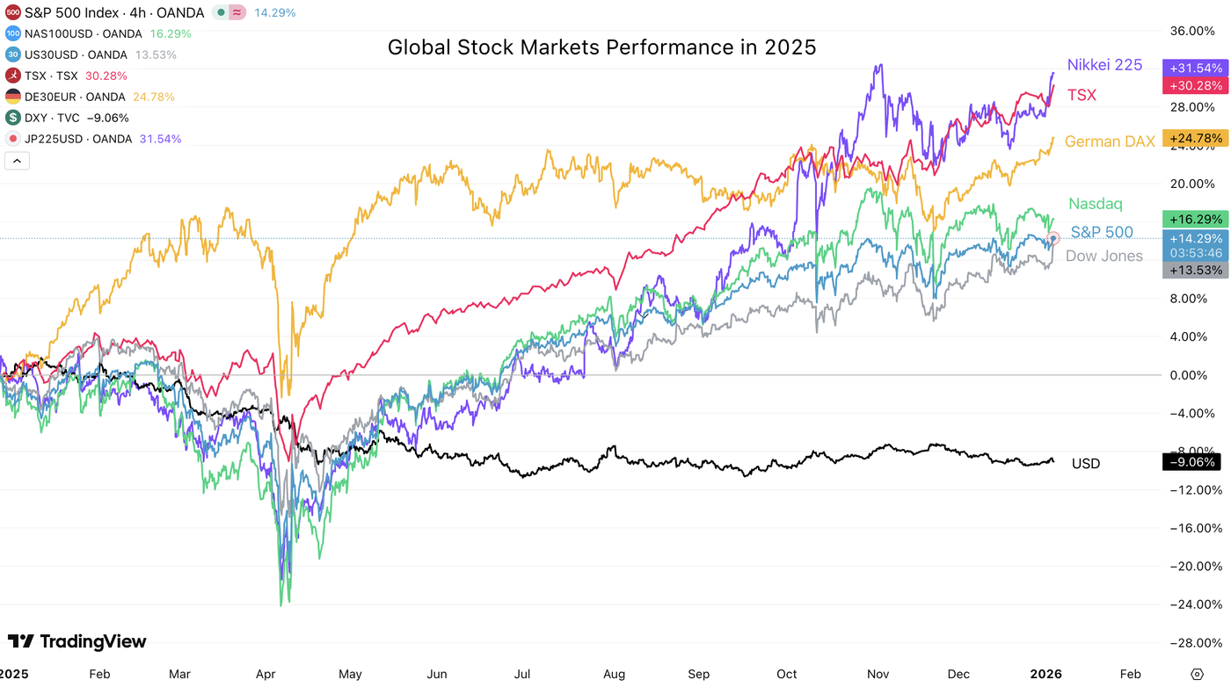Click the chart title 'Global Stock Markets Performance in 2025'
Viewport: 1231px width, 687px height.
(601, 47)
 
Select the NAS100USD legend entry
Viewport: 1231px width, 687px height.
(84, 33)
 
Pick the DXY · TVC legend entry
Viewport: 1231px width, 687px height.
(65, 118)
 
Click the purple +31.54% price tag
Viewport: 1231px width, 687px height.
(1193, 68)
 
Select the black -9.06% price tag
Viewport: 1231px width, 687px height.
(1193, 462)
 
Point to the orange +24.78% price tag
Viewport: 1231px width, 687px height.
(1193, 138)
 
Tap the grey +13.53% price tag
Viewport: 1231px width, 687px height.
(1193, 270)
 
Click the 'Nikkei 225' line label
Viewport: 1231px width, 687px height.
(1104, 65)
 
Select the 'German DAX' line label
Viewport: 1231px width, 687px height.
(1110, 141)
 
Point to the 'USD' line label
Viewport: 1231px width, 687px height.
(1085, 463)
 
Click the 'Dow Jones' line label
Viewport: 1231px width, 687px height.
(1104, 256)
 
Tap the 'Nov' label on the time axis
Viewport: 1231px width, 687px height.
(878, 674)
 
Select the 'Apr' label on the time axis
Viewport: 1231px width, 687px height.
(266, 674)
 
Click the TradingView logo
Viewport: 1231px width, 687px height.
(77, 641)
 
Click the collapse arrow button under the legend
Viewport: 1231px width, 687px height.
(17, 161)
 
